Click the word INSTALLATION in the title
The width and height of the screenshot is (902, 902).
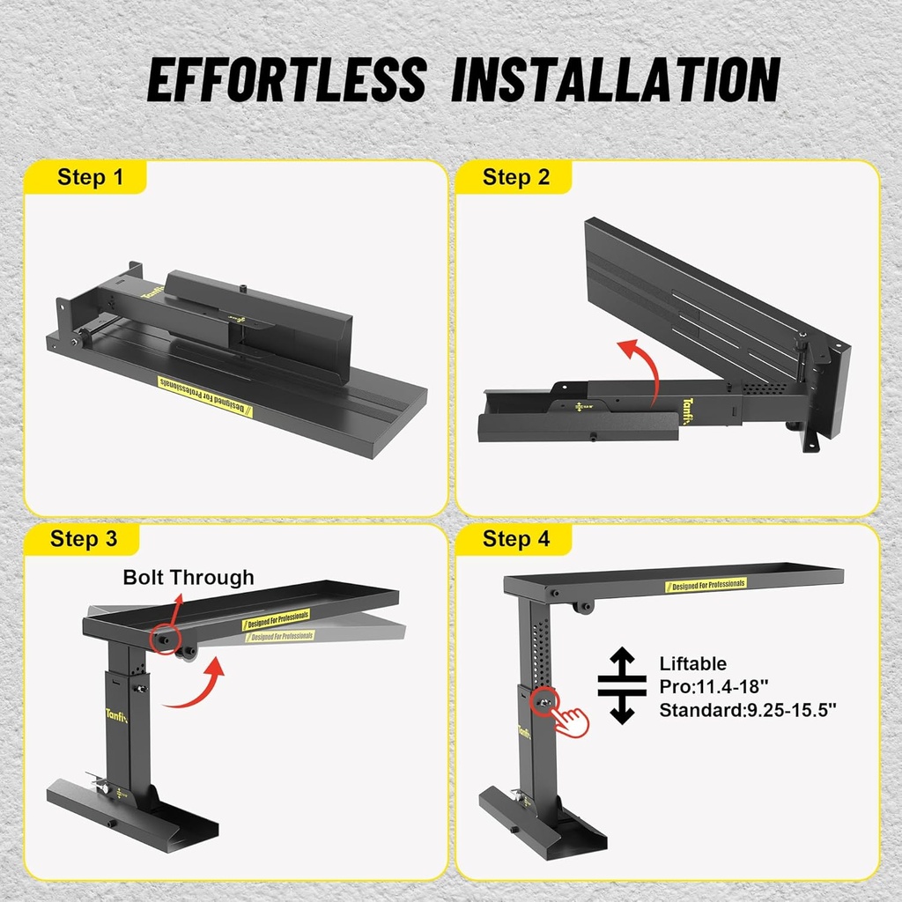(615, 80)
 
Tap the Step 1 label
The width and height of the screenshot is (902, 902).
(90, 177)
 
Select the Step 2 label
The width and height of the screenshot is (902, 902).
(515, 177)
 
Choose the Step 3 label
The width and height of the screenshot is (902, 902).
(84, 538)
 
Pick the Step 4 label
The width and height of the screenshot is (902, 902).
(515, 538)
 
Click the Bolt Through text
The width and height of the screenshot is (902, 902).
(188, 578)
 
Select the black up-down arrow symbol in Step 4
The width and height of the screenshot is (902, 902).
(622, 685)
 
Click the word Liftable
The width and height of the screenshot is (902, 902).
(692, 663)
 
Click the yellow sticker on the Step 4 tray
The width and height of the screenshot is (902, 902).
(706, 584)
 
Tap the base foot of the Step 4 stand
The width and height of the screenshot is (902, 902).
(542, 824)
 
